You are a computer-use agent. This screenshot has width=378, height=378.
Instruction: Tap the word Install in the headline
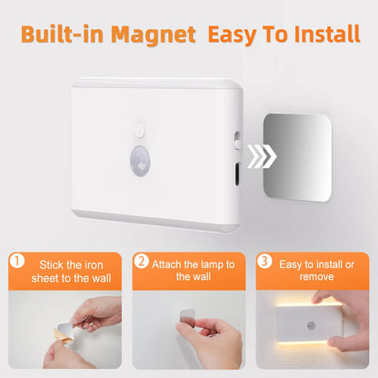(319, 36)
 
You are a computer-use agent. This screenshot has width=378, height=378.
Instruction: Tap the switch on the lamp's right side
(236, 140)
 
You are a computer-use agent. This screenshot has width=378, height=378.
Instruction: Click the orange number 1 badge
(15, 261)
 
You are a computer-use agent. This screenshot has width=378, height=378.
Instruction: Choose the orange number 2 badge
(142, 261)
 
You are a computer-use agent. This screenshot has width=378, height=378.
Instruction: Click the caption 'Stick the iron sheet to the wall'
(72, 270)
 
